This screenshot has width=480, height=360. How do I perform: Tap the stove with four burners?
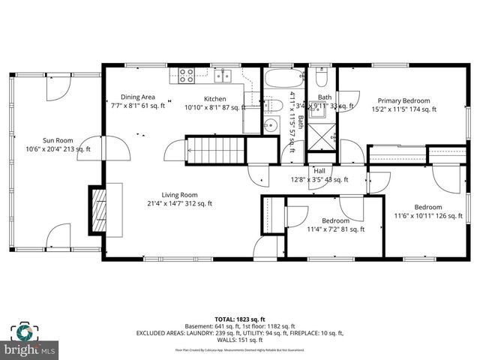187,75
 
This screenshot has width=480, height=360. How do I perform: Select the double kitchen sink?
223,75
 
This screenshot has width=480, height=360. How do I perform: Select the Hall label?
319,170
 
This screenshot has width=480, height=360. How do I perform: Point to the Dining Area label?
138,97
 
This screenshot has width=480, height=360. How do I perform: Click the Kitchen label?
215,98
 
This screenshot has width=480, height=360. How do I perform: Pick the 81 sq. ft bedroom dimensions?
335,229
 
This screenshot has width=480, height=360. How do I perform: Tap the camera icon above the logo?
24,332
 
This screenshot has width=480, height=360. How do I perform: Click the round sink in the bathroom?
271,124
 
